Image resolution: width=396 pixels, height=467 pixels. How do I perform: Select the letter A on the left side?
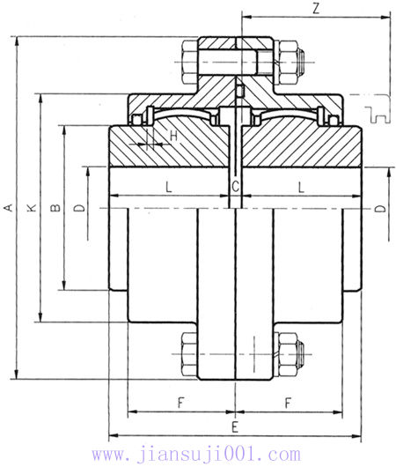coord(9,207)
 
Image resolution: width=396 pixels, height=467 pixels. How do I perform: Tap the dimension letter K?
coord(33,207)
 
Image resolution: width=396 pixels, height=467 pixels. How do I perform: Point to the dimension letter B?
coord(55,208)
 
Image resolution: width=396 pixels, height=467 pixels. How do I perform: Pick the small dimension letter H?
coord(173,136)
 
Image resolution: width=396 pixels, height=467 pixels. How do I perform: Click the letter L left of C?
coord(167,185)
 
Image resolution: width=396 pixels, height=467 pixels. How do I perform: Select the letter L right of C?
coord(301,185)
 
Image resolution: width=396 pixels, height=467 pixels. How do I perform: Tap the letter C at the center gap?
coord(235,186)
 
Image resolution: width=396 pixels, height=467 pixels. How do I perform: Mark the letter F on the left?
coord(180,403)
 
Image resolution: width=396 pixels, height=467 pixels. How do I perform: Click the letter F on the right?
coord(289,403)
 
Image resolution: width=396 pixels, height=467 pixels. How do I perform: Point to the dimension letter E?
coord(234,426)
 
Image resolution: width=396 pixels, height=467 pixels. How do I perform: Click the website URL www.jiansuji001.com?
coord(195,455)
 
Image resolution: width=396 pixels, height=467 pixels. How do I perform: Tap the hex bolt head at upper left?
coord(189,61)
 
